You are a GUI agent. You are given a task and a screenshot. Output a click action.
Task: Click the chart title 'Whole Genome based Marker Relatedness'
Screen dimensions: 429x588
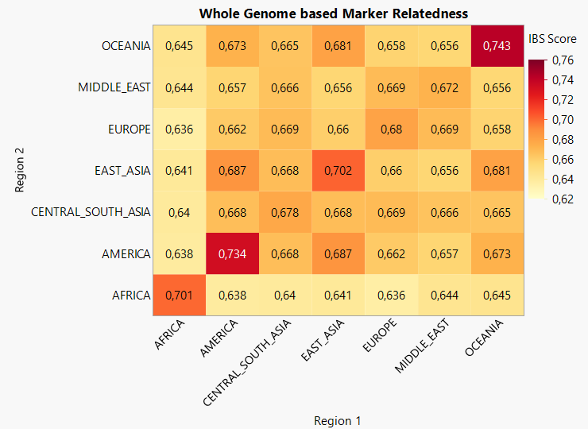pos(333,14)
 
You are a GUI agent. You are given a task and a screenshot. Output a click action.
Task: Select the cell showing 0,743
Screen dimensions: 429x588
pos(498,46)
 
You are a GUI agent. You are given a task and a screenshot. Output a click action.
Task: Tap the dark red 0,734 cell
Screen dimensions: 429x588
pos(233,253)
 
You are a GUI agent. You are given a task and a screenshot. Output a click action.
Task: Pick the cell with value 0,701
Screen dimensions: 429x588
pos(180,295)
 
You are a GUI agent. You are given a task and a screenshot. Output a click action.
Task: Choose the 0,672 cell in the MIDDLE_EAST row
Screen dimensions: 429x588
pos(444,87)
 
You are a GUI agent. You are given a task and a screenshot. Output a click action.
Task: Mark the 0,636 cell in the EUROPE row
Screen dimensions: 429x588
pos(180,129)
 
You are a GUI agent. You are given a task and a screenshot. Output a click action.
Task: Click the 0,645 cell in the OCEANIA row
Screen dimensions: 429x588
pos(180,46)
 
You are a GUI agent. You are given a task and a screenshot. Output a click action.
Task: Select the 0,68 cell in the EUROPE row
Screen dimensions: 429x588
pos(392,129)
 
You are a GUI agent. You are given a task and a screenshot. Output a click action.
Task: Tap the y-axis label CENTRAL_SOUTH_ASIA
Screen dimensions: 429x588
pos(91,212)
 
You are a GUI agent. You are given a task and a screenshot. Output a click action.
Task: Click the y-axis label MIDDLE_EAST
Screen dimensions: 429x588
pos(114,87)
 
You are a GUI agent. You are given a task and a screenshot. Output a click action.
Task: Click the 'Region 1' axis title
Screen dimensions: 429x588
pos(338,420)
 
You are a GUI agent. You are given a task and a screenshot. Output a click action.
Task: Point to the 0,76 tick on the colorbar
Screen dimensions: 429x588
pos(563,60)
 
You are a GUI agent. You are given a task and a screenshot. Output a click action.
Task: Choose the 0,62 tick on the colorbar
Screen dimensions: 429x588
pos(563,199)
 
